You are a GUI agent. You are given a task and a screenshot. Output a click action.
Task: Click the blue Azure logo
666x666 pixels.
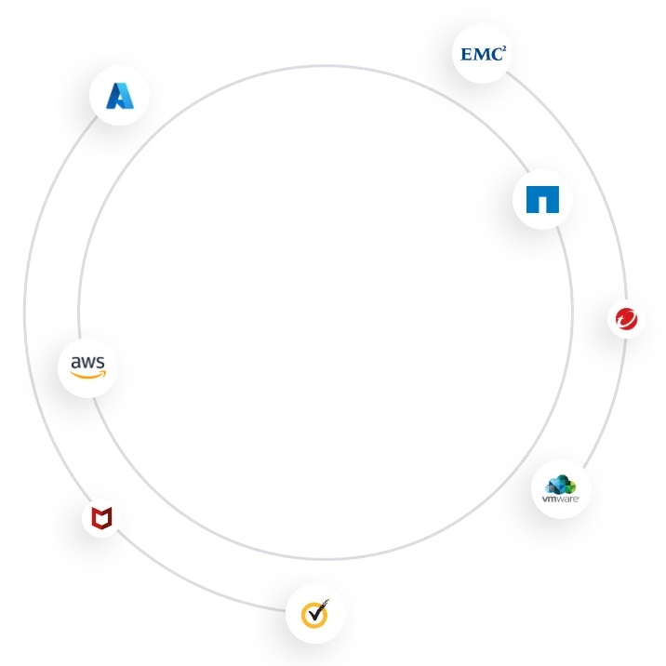click(119, 96)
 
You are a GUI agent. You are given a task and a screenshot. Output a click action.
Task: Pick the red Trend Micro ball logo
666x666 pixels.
click(626, 319)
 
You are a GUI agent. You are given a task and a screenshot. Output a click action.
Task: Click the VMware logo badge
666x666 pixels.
click(561, 487)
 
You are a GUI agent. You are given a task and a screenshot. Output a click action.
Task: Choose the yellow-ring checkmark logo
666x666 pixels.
click(315, 614)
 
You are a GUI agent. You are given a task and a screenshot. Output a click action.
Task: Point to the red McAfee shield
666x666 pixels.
click(100, 518)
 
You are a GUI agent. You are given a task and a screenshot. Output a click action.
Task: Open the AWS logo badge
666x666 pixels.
click(88, 366)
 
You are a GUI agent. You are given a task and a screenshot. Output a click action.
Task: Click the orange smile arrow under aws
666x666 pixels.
click(89, 376)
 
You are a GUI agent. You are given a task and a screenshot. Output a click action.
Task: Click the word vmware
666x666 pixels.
click(561, 500)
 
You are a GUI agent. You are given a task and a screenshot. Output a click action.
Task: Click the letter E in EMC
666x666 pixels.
click(468, 55)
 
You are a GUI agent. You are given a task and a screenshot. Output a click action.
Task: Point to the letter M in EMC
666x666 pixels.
click(483, 55)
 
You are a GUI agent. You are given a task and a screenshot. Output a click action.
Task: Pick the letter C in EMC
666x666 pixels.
click(498, 55)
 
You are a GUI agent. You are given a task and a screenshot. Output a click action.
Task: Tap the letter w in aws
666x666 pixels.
click(88, 361)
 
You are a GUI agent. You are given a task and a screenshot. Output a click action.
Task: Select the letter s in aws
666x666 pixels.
click(101, 361)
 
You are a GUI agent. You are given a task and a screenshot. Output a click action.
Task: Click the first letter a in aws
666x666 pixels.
click(75, 361)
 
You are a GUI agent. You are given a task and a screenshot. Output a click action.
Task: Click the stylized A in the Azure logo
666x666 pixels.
click(119, 96)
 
